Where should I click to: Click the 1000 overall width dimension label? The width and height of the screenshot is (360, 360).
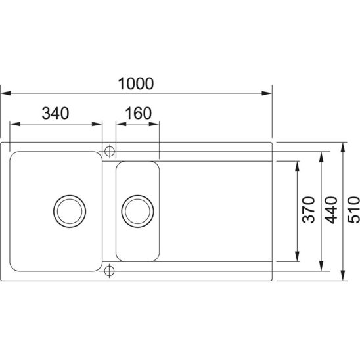tap(136, 83)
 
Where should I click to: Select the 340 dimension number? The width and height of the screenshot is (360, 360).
tap(55, 113)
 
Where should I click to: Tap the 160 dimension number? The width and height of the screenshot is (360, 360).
tap(139, 113)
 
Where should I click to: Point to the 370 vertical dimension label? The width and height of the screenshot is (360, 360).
tap(308, 210)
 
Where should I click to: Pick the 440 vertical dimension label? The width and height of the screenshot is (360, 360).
tap(332, 210)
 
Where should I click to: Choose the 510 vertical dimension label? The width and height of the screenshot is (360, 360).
tap(353, 210)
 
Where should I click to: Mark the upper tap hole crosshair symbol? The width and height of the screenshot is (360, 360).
tap(110, 151)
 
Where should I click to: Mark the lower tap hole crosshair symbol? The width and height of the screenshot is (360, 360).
tap(109, 271)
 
